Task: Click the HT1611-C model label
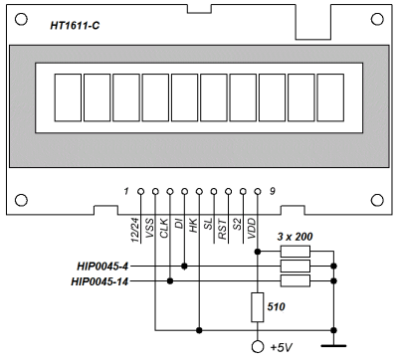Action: (x=75, y=26)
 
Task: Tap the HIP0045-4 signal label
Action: (x=102, y=267)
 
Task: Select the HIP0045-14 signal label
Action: (x=99, y=281)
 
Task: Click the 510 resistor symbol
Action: (x=258, y=307)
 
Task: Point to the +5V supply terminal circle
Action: (x=258, y=347)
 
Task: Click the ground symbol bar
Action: (x=333, y=346)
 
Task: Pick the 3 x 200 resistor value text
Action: (x=295, y=237)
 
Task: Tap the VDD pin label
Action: (x=252, y=228)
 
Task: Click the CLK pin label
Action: (x=164, y=228)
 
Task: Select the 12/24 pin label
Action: (x=135, y=230)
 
